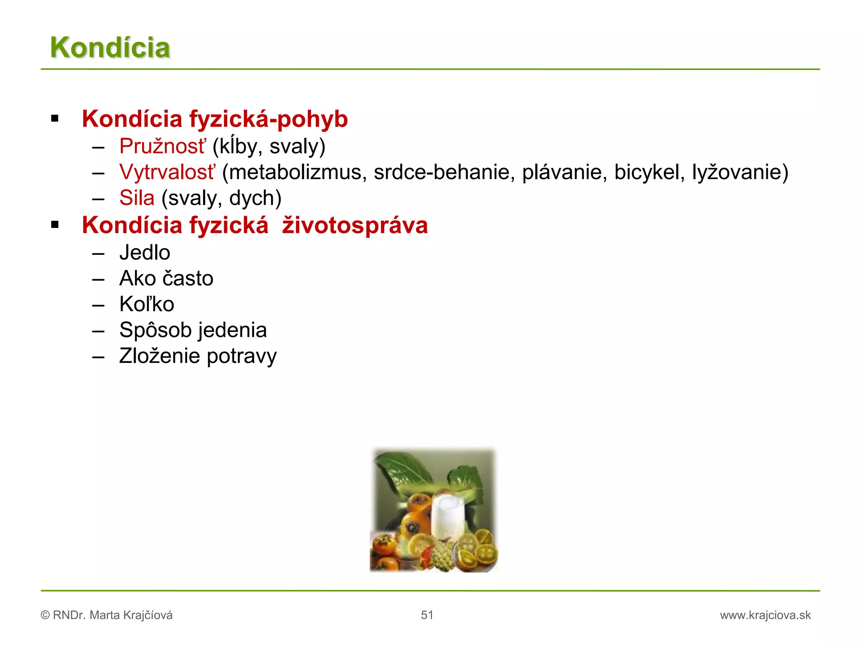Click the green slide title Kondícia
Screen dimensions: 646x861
pyautogui.click(x=110, y=48)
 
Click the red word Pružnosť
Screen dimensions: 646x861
pyautogui.click(x=163, y=146)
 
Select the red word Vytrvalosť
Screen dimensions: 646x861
pyautogui.click(x=167, y=172)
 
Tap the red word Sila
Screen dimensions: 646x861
pyautogui.click(x=137, y=198)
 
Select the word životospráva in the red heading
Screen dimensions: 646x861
pyautogui.click(x=355, y=225)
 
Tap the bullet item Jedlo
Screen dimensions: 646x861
pyautogui.click(x=145, y=253)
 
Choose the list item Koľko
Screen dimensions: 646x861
pyautogui.click(x=147, y=304)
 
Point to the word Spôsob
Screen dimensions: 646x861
pyautogui.click(x=155, y=330)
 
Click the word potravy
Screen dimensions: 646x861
pyautogui.click(x=242, y=356)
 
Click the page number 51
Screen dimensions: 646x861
pyautogui.click(x=427, y=615)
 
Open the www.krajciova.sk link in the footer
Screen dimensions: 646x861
pyautogui.click(x=765, y=615)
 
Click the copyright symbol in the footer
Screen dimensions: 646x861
pyautogui.click(x=45, y=615)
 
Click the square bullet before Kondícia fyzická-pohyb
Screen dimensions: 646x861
pyautogui.click(x=55, y=119)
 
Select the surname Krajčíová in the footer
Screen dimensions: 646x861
pyautogui.click(x=148, y=615)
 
